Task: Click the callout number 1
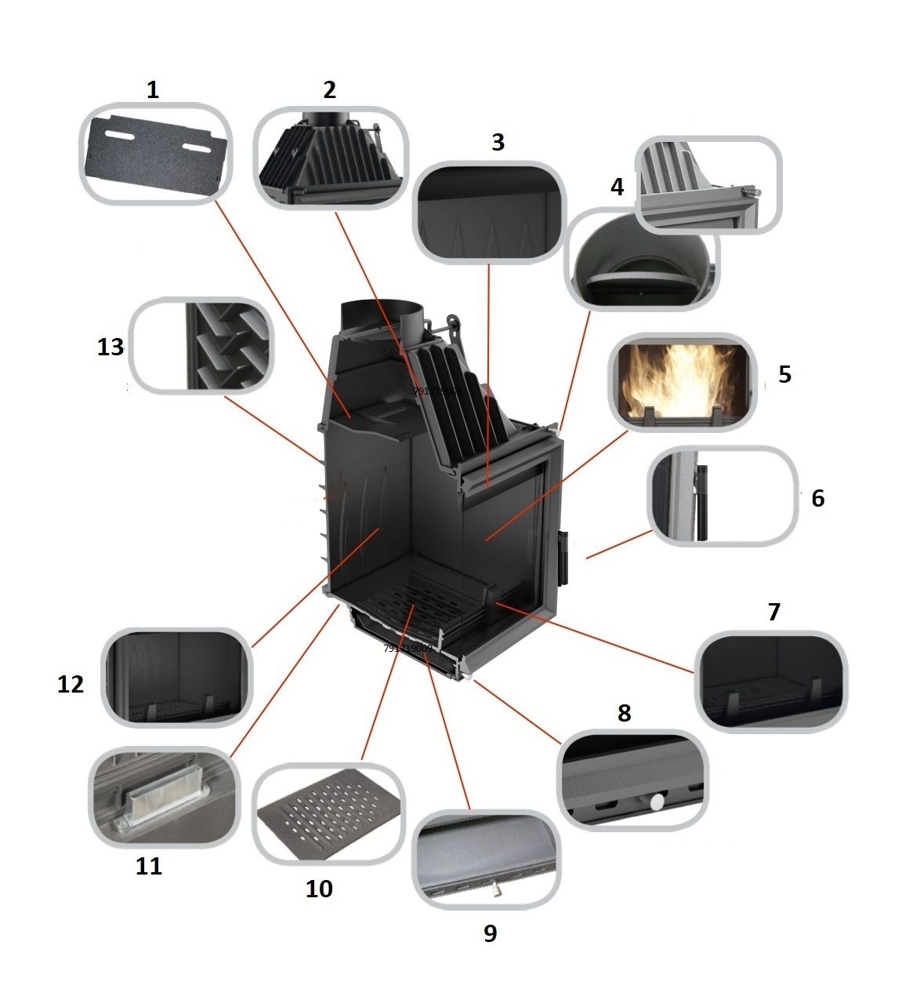coord(153,89)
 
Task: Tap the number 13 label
coord(110,346)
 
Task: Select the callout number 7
coord(773,611)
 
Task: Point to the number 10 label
coord(319,888)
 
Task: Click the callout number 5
coord(784,374)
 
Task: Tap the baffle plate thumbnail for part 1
coord(156,154)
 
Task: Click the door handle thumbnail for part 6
coord(722,496)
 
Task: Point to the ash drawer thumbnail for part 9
coord(486,860)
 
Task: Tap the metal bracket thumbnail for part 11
coord(165,797)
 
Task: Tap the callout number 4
coord(617,187)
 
